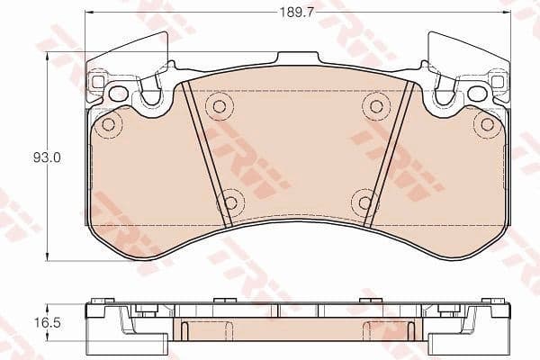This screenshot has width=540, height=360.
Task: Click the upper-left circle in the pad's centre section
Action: (217, 106)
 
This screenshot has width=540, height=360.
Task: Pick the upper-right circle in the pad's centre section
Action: (374, 106)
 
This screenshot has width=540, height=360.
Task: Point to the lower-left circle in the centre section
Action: (231, 202)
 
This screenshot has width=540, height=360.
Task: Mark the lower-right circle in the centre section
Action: (364, 202)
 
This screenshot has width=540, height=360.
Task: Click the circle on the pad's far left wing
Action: (108, 124)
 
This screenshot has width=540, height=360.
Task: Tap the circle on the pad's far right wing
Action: (487, 124)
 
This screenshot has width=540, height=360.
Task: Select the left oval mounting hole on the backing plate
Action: (118, 93)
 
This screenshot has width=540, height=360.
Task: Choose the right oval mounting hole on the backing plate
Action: (477, 93)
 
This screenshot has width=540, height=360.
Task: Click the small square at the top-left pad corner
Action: (98, 82)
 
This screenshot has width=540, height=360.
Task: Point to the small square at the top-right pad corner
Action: (496, 82)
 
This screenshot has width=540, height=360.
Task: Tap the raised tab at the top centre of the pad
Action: (297, 59)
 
